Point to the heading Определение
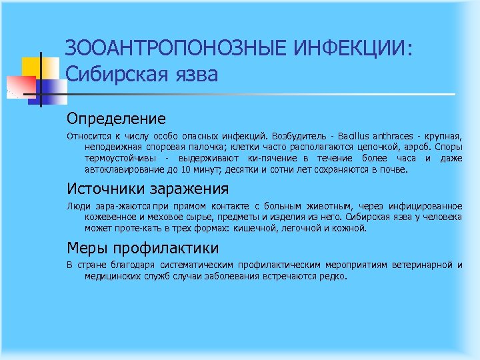coord(115,119)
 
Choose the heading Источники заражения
coord(147,189)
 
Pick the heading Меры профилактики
coord(142,249)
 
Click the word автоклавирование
coord(124,169)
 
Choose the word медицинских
coord(112,276)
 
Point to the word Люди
coord(76,206)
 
